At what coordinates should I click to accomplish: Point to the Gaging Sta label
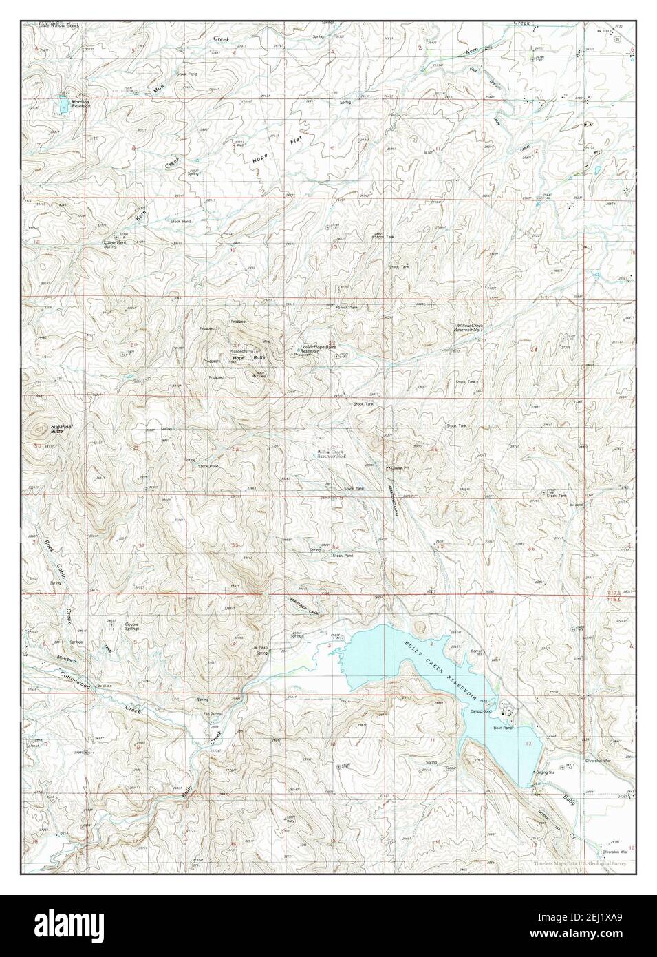click(548, 772)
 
